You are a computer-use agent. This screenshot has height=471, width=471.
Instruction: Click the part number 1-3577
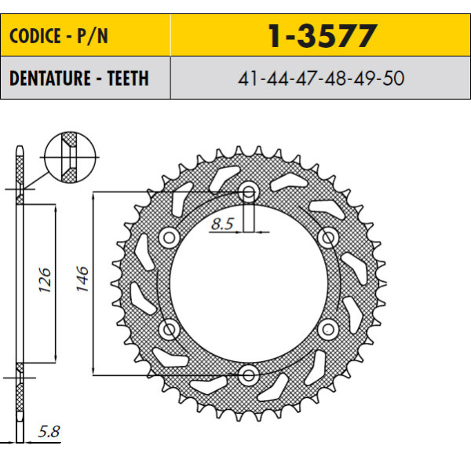pyautogui.click(x=322, y=36)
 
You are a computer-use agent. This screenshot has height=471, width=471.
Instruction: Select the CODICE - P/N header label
pyautogui.click(x=59, y=36)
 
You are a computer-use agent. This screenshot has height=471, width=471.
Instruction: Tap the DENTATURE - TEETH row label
pyautogui.click(x=79, y=78)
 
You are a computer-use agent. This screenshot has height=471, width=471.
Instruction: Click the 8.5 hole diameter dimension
pyautogui.click(x=222, y=224)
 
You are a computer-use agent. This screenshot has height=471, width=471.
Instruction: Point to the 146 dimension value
pyautogui.click(x=82, y=279)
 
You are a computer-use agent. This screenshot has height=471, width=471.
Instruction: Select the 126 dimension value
pyautogui.click(x=45, y=280)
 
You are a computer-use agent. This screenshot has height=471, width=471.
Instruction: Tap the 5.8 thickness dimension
pyautogui.click(x=49, y=431)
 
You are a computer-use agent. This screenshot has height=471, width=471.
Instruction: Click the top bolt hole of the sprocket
pyautogui.click(x=248, y=192)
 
